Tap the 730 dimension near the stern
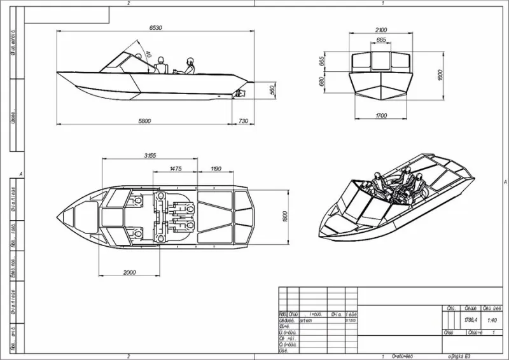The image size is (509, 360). pyautogui.click(x=243, y=121)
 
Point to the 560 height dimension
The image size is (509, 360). pyautogui.click(x=272, y=90)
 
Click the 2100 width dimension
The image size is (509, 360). pyautogui.click(x=381, y=30)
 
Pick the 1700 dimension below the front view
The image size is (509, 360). pyautogui.click(x=381, y=115)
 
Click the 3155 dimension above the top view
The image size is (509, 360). pyautogui.click(x=151, y=155)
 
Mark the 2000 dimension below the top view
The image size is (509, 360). pyautogui.click(x=129, y=272)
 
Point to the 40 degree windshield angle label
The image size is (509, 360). pyautogui.click(x=148, y=55)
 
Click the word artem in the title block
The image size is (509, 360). pyautogui.click(x=305, y=321)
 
